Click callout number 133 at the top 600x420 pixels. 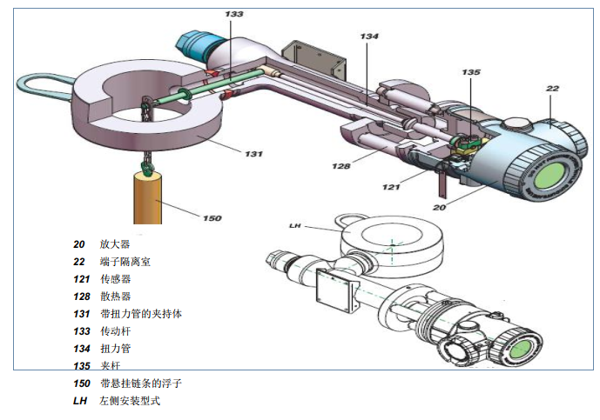point(233,15)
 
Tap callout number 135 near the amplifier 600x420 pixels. point(470,73)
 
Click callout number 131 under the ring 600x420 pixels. point(253,154)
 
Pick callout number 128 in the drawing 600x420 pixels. point(341,165)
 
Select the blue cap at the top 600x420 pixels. point(199,42)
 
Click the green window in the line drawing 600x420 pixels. point(520,350)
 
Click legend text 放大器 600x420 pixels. point(115,244)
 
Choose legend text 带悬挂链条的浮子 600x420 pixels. point(141,383)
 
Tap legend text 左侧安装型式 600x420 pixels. point(131,401)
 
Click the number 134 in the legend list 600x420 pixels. point(82,349)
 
